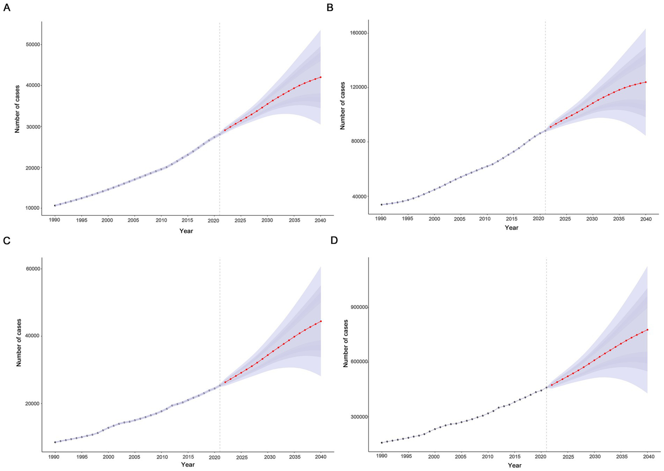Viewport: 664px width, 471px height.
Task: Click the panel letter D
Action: click(334, 240)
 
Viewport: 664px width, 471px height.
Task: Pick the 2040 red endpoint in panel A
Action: click(321, 77)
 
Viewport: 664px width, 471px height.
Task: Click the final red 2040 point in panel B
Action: click(645, 82)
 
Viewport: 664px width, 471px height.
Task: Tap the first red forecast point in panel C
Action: click(225, 382)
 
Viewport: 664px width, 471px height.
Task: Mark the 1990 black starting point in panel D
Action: click(382, 442)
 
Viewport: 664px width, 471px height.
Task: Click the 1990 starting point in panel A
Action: click(55, 205)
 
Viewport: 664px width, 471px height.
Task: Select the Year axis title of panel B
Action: click(511, 227)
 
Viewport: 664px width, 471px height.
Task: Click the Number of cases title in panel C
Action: click(19, 343)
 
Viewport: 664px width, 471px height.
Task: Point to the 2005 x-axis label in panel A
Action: click(134, 220)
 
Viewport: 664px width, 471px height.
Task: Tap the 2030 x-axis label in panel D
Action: click(594, 456)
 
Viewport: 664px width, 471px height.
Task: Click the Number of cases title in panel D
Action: click(346, 343)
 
